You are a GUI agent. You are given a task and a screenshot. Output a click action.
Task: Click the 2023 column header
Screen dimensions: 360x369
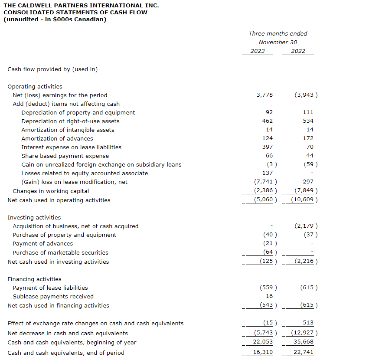pyautogui.click(x=258, y=51)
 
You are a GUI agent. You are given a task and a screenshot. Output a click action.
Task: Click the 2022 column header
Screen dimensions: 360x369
pyautogui.click(x=298, y=51)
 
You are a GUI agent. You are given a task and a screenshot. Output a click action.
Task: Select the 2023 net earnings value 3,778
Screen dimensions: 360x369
pyautogui.click(x=265, y=95)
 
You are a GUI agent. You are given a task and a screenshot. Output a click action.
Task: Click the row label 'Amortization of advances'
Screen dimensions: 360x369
pyautogui.click(x=57, y=138)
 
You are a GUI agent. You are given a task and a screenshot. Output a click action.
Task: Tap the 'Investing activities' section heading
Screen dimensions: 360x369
pyautogui.click(x=34, y=217)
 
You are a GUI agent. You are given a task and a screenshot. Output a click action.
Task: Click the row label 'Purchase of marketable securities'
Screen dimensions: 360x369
pyautogui.click(x=61, y=252)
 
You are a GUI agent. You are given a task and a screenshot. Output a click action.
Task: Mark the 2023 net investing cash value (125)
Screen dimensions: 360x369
pyautogui.click(x=267, y=262)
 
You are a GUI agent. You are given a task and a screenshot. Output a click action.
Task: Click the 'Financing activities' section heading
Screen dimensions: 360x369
pyautogui.click(x=35, y=279)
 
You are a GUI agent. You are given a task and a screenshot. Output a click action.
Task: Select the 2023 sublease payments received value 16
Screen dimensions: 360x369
pyautogui.click(x=269, y=296)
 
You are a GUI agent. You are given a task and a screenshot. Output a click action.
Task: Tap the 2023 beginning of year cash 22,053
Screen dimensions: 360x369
pyautogui.click(x=263, y=342)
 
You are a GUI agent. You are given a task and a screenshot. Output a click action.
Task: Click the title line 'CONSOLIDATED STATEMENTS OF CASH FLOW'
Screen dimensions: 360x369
pyautogui.click(x=75, y=12)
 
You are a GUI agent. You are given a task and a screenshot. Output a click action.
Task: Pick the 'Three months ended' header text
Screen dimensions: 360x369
pyautogui.click(x=278, y=33)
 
